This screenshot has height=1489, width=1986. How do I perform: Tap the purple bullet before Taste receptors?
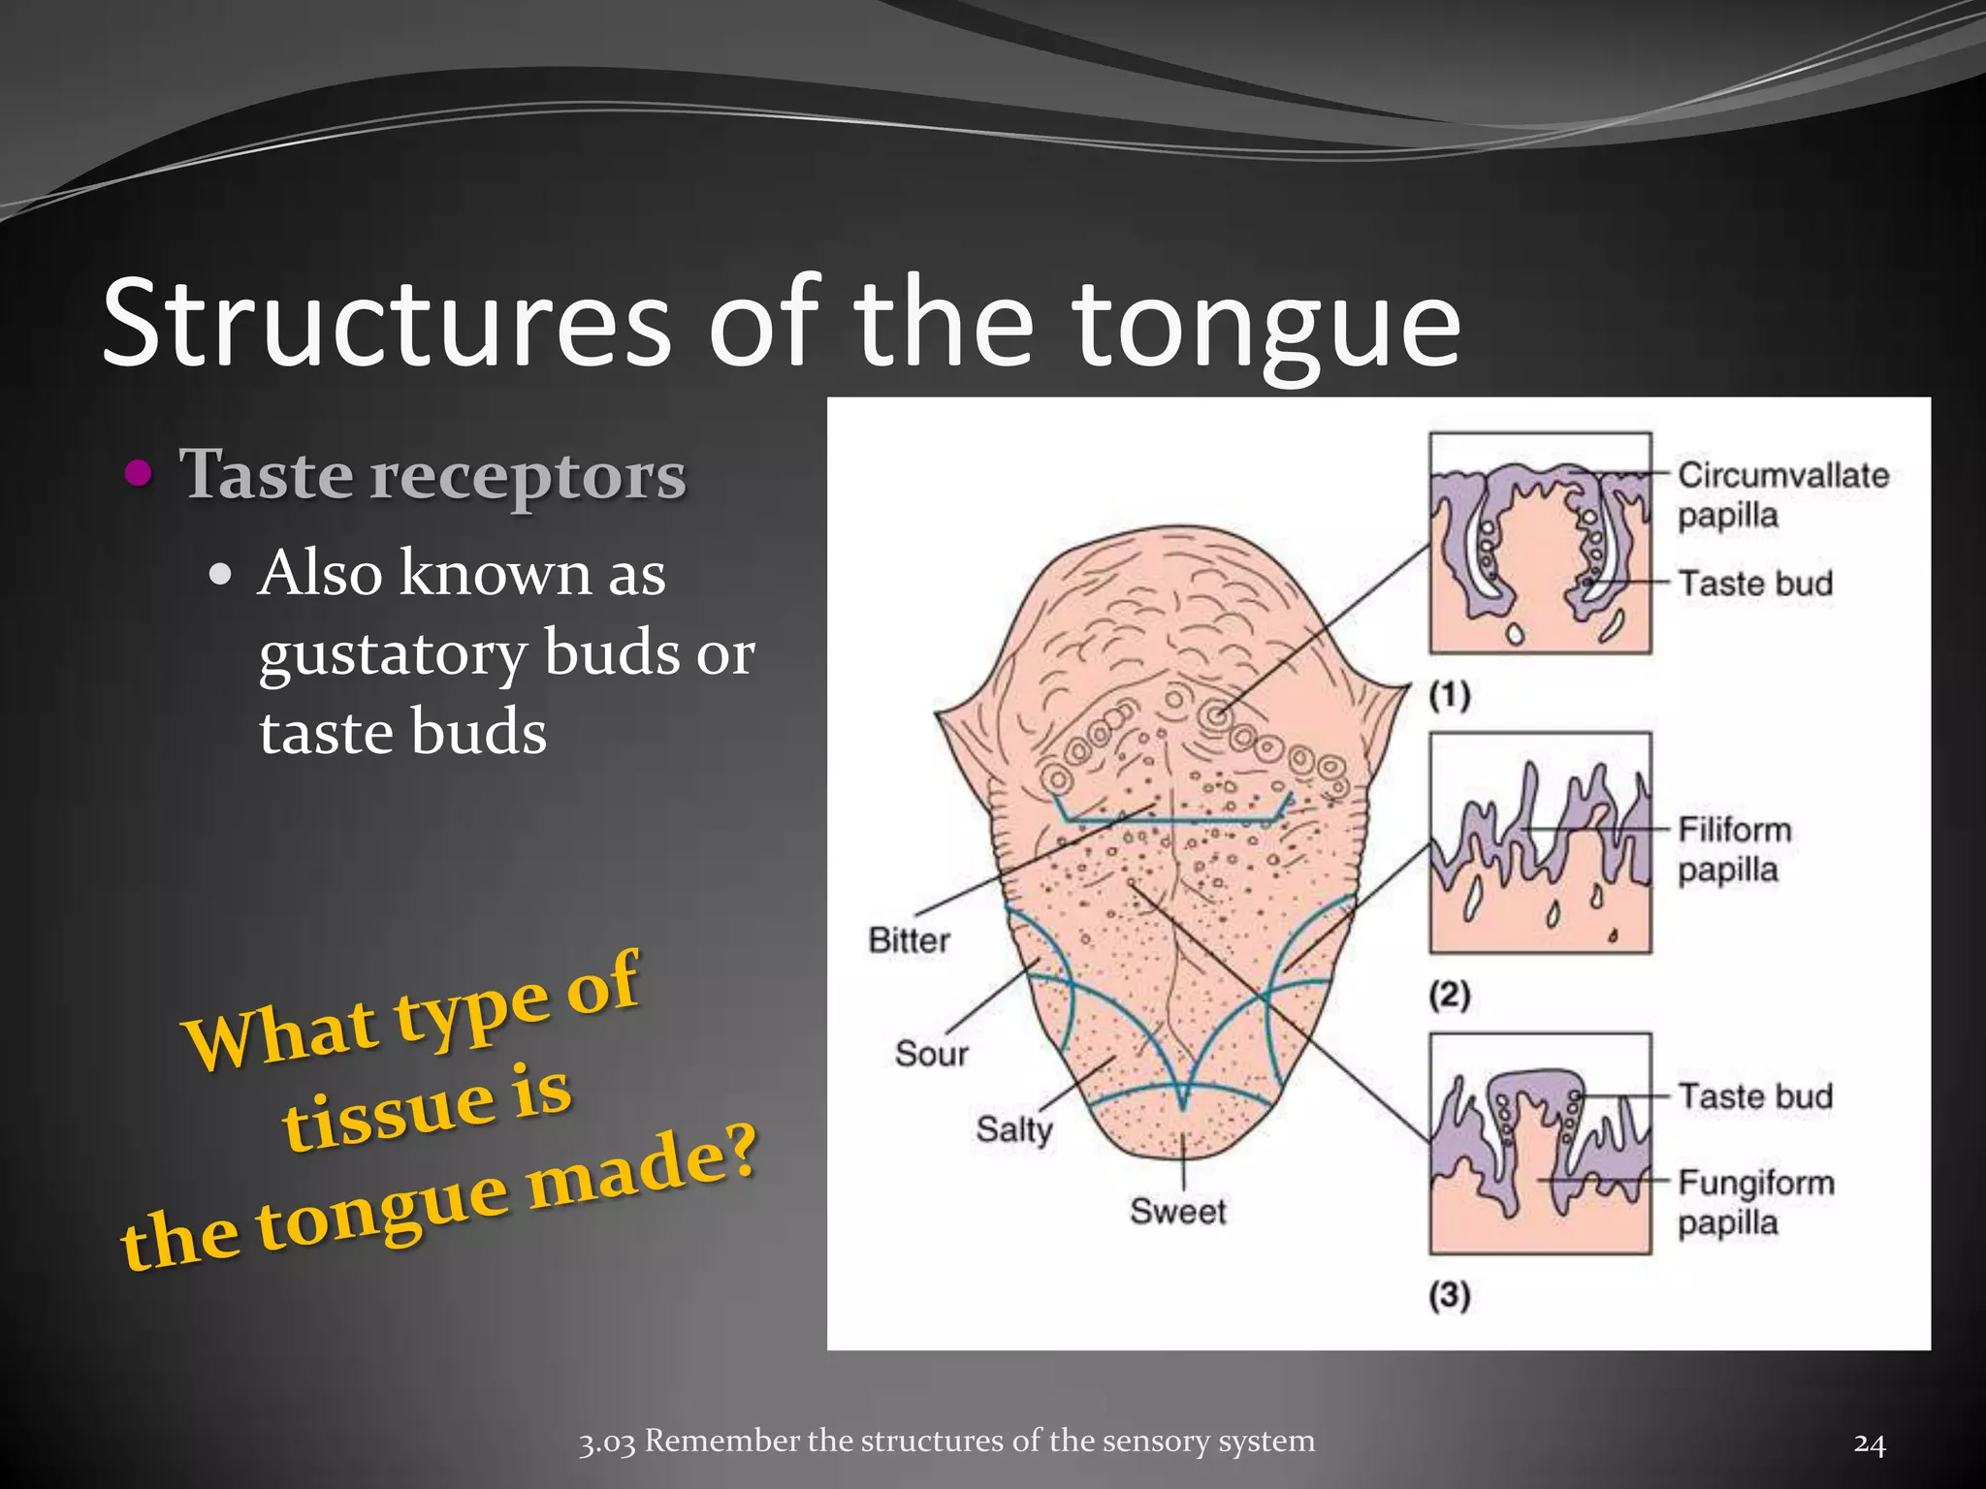(141, 473)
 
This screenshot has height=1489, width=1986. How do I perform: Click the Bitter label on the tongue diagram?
(909, 940)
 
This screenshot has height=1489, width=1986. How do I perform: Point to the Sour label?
(931, 1054)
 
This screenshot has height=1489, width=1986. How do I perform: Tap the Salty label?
(1013, 1129)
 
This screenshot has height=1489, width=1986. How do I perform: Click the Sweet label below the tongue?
(1177, 1211)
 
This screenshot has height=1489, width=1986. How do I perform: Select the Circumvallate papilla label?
(1782, 494)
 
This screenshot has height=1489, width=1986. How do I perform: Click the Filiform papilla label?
(1734, 849)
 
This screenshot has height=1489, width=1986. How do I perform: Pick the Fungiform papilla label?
(1755, 1202)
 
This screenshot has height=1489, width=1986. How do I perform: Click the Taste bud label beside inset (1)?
(1755, 584)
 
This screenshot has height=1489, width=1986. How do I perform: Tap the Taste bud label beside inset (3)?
(1755, 1096)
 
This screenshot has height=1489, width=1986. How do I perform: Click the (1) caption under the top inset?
(1450, 695)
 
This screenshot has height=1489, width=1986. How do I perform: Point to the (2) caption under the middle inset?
(1450, 995)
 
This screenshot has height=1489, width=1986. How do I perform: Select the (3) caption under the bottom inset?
(1450, 1295)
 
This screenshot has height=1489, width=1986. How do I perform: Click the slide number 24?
(1870, 1443)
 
